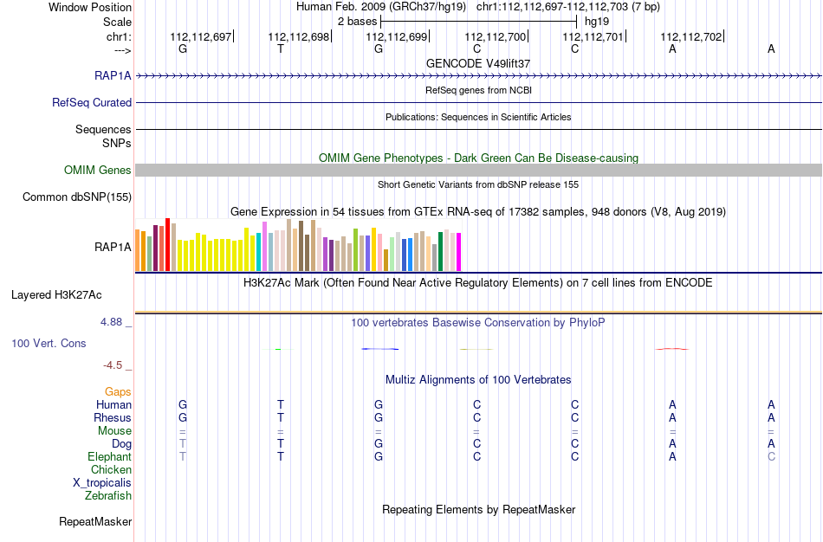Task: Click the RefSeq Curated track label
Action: click(92, 102)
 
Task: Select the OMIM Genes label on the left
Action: click(98, 170)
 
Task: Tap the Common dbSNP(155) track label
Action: click(77, 197)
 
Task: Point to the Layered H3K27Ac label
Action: click(56, 295)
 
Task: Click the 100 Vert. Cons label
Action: click(49, 343)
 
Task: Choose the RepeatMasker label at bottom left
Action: click(95, 521)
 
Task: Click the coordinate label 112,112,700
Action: click(495, 36)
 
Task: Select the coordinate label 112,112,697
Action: click(200, 36)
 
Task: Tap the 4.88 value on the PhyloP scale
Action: click(111, 321)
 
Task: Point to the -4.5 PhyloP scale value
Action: click(113, 365)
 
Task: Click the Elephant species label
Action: click(110, 456)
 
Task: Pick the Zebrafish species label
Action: click(108, 495)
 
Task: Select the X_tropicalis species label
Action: click(102, 483)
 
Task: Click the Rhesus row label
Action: click(113, 417)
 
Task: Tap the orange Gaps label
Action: click(118, 392)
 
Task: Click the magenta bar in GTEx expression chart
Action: click(459, 252)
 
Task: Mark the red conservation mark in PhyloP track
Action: click(672, 349)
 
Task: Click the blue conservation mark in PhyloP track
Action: click(380, 349)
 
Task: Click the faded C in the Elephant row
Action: click(771, 456)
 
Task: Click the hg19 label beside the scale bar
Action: click(597, 22)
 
